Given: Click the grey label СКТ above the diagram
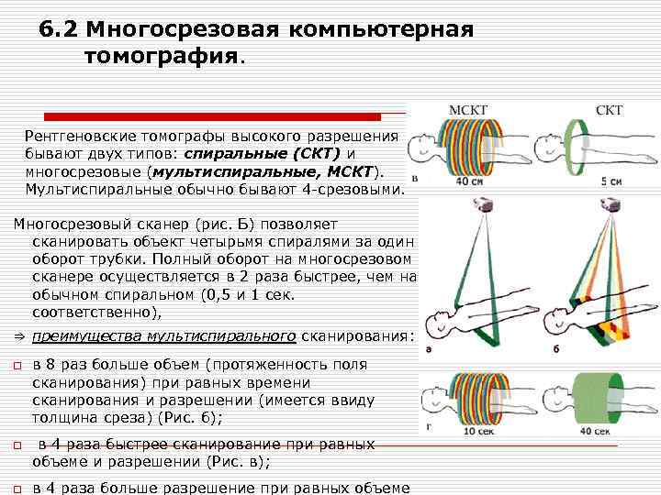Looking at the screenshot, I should pos(610,110).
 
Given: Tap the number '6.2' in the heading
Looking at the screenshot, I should pos(57,29).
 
